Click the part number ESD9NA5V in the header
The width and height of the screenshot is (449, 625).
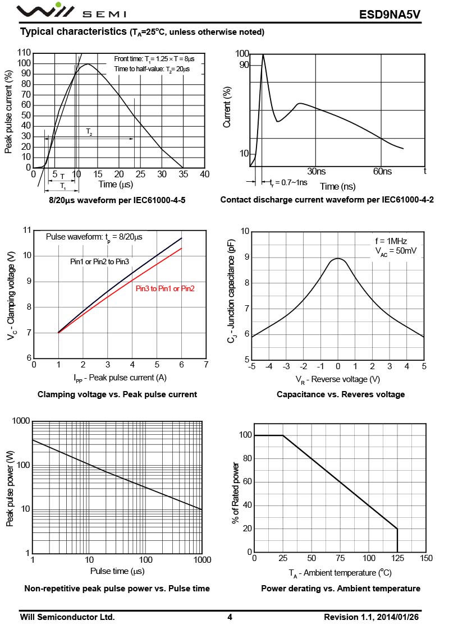[x=397, y=14]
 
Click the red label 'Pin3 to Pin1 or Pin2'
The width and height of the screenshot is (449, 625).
[x=165, y=288]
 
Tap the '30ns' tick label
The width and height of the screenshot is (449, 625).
[x=316, y=171]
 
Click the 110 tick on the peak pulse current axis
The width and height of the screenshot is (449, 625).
[x=24, y=53]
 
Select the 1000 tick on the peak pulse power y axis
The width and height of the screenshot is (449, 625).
[x=21, y=421]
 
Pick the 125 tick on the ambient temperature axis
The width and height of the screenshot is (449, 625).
[x=397, y=558]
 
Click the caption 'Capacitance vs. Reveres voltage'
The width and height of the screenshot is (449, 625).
[x=341, y=394]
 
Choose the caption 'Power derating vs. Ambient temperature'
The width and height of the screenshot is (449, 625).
[x=341, y=589]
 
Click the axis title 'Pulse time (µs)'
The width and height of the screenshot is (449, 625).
[x=117, y=571]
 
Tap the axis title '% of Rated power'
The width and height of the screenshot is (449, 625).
[x=236, y=493]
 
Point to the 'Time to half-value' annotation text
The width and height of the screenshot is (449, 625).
[x=152, y=68]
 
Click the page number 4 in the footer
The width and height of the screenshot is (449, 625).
[x=230, y=617]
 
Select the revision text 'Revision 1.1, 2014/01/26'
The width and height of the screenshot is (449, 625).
[x=375, y=617]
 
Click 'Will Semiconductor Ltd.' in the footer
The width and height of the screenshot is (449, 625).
[x=67, y=617]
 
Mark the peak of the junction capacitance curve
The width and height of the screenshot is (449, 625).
[x=337, y=259]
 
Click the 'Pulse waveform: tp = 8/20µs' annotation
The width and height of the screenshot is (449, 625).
[x=94, y=237]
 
